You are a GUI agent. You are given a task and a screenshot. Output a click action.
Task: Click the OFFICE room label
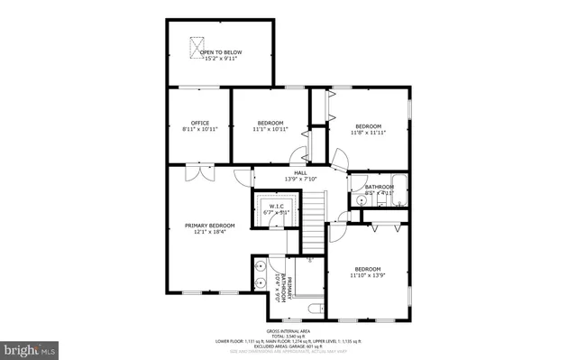pos(199,123)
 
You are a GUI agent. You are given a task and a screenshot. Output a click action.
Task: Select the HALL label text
pos(300,171)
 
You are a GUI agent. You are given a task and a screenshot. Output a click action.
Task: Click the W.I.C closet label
pos(276,206)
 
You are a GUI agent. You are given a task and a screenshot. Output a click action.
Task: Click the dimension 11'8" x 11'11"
pos(368,133)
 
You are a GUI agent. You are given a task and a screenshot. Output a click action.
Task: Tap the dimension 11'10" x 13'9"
pos(367,275)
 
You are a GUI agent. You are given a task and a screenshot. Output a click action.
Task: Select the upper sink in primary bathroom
pos(261,266)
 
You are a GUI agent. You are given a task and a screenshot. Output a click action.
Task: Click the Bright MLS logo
pos(32,347)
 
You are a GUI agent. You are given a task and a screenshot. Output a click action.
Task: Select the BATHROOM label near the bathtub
pos(380,187)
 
